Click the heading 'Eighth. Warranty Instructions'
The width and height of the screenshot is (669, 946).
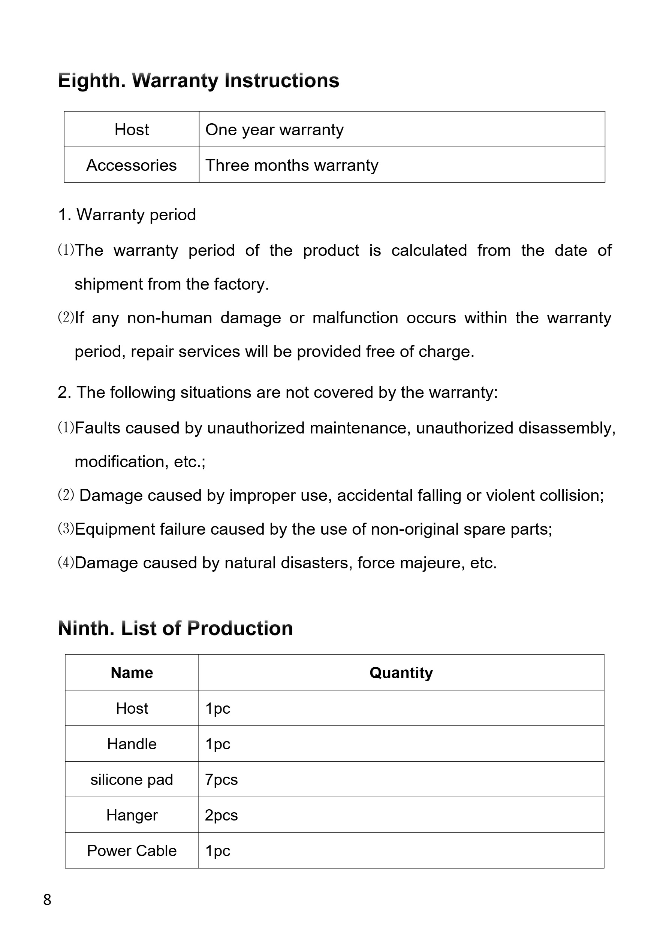coord(198,81)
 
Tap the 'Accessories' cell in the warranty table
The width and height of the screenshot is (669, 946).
coord(132,165)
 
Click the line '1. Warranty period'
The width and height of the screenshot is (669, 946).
coord(127,215)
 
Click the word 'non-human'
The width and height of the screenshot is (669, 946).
coord(169,318)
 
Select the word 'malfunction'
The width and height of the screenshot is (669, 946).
coord(355,318)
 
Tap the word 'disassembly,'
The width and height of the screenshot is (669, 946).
coord(567,428)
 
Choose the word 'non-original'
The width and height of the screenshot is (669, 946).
coord(414,529)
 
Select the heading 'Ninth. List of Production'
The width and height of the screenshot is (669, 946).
coord(175,629)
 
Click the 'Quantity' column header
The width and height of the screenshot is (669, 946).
coord(401,673)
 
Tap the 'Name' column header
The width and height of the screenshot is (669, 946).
coord(132,673)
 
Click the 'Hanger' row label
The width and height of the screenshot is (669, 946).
coord(132,815)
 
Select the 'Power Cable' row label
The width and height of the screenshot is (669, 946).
coord(132,850)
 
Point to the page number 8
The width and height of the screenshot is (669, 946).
coord(47,900)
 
